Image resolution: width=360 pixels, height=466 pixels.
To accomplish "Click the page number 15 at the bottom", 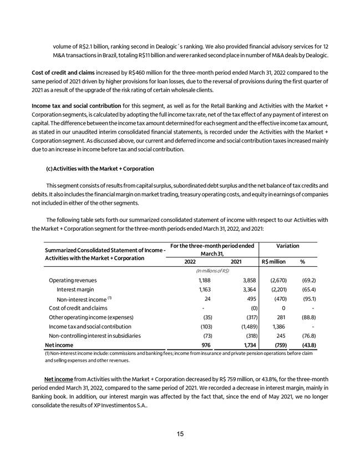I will (180, 434).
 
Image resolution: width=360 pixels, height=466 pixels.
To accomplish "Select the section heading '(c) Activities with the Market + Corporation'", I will (96, 168).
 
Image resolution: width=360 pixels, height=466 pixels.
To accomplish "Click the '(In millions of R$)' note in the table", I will (213, 271).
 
